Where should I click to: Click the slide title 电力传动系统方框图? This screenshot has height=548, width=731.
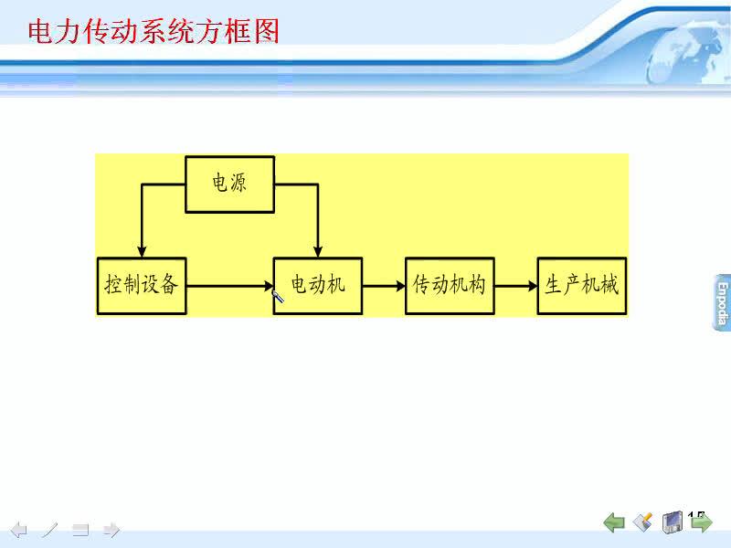154,31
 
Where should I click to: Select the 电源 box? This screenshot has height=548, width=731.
230,184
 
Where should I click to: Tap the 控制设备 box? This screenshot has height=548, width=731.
142,286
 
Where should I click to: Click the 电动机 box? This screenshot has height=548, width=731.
318,286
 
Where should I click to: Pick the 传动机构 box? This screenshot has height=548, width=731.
450,286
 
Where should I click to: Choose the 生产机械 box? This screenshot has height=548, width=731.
582,286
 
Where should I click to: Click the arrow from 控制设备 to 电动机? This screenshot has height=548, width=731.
230,286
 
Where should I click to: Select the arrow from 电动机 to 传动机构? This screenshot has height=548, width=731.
384,286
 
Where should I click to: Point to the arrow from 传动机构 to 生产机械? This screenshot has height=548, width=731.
516,286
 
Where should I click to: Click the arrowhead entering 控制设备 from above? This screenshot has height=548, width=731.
142,252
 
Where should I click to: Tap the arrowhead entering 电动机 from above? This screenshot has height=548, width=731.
318,252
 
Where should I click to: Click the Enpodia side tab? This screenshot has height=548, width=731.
721,303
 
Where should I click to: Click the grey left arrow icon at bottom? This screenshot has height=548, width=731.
18,530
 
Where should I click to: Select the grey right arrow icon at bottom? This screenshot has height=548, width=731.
111,530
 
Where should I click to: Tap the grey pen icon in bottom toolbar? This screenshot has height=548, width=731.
49,530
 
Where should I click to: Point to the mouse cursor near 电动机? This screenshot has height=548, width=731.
278,296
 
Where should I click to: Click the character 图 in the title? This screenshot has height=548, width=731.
267,31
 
